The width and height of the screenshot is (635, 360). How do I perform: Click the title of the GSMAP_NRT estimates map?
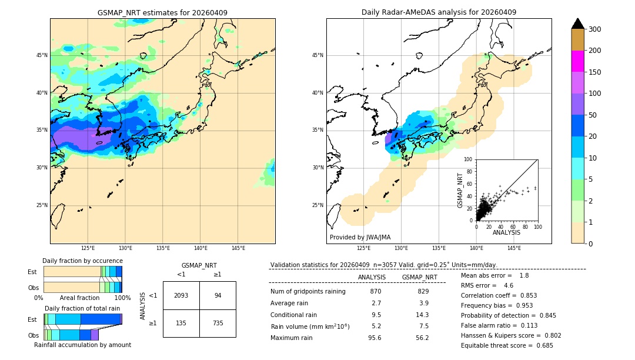[x=162, y=12]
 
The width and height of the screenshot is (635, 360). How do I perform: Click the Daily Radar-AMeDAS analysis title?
[x=439, y=12]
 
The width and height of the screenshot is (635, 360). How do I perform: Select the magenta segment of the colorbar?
[x=578, y=61]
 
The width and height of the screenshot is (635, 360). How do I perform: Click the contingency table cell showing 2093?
[x=181, y=295]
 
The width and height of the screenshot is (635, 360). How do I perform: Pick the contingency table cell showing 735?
[x=218, y=323]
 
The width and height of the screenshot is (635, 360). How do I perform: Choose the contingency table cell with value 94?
[x=218, y=295]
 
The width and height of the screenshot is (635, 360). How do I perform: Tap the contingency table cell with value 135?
[x=181, y=323]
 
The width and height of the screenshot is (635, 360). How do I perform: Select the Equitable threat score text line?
[x=507, y=345]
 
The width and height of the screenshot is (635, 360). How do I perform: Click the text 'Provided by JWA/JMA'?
[x=360, y=237]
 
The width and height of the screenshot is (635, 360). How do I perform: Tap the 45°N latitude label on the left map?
[x=42, y=55]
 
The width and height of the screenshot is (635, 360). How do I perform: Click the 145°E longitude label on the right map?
[x=514, y=248]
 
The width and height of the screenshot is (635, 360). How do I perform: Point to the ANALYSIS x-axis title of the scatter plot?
[x=506, y=232]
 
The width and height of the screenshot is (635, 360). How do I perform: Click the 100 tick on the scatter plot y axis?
[x=468, y=159]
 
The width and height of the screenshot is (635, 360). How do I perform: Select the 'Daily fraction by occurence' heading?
[x=82, y=261]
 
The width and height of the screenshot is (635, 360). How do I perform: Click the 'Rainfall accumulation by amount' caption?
[x=82, y=345]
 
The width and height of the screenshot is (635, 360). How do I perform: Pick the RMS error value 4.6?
[x=509, y=285]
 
